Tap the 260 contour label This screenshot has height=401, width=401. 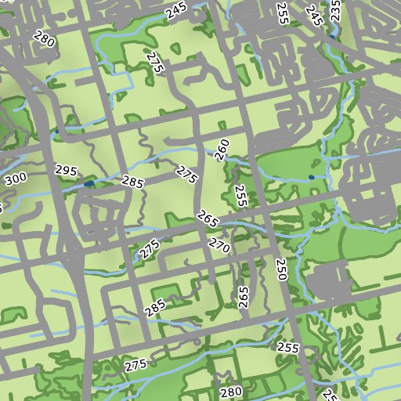point(222,150)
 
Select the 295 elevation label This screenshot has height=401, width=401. point(66,171)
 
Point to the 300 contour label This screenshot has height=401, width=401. point(15,180)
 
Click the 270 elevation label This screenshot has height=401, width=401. point(219,247)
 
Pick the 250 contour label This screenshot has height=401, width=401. point(282,270)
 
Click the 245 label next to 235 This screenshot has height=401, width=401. point(315,15)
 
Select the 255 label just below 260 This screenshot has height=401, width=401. point(240,196)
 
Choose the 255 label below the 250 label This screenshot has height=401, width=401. point(289,346)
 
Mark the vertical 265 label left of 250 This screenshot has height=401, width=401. point(243,298)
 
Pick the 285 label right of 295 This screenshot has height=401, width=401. point(133,182)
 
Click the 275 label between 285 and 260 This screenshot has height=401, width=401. point(186,174)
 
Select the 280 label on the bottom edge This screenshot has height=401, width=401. point(230,392)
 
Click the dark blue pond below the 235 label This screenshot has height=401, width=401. point(334,36)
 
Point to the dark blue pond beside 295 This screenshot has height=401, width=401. point(89,183)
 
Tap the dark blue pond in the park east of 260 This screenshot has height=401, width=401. point(312,177)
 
